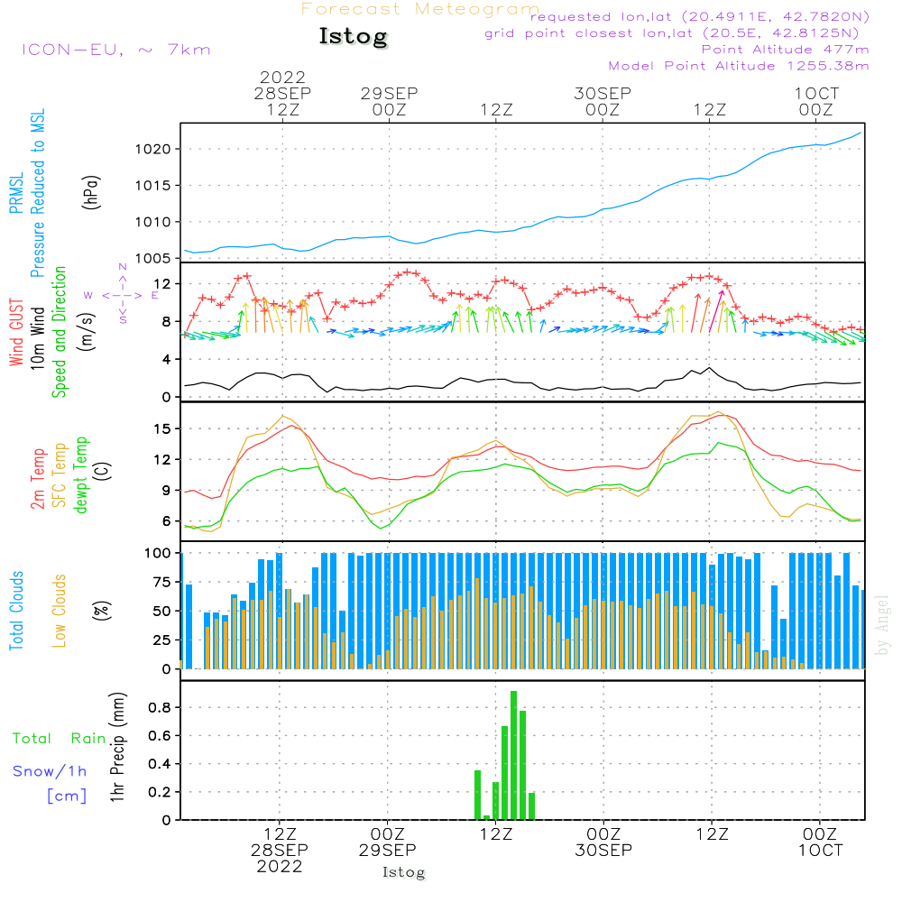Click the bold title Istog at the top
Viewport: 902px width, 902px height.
coord(353,37)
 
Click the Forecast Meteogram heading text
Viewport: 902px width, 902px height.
coord(420,9)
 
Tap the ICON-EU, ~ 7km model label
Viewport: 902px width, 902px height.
coord(115,50)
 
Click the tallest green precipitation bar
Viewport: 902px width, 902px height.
coord(513,755)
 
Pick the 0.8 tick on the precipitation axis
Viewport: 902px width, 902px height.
coord(161,707)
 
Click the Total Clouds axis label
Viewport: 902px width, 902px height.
coord(17,611)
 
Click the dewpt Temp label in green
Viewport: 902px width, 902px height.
coord(81,475)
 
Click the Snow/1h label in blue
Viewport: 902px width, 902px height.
coord(51,771)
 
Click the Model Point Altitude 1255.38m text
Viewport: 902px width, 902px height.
coord(739,66)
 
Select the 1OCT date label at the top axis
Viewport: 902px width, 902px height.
coord(816,93)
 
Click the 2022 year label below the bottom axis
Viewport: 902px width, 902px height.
coord(280,866)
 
